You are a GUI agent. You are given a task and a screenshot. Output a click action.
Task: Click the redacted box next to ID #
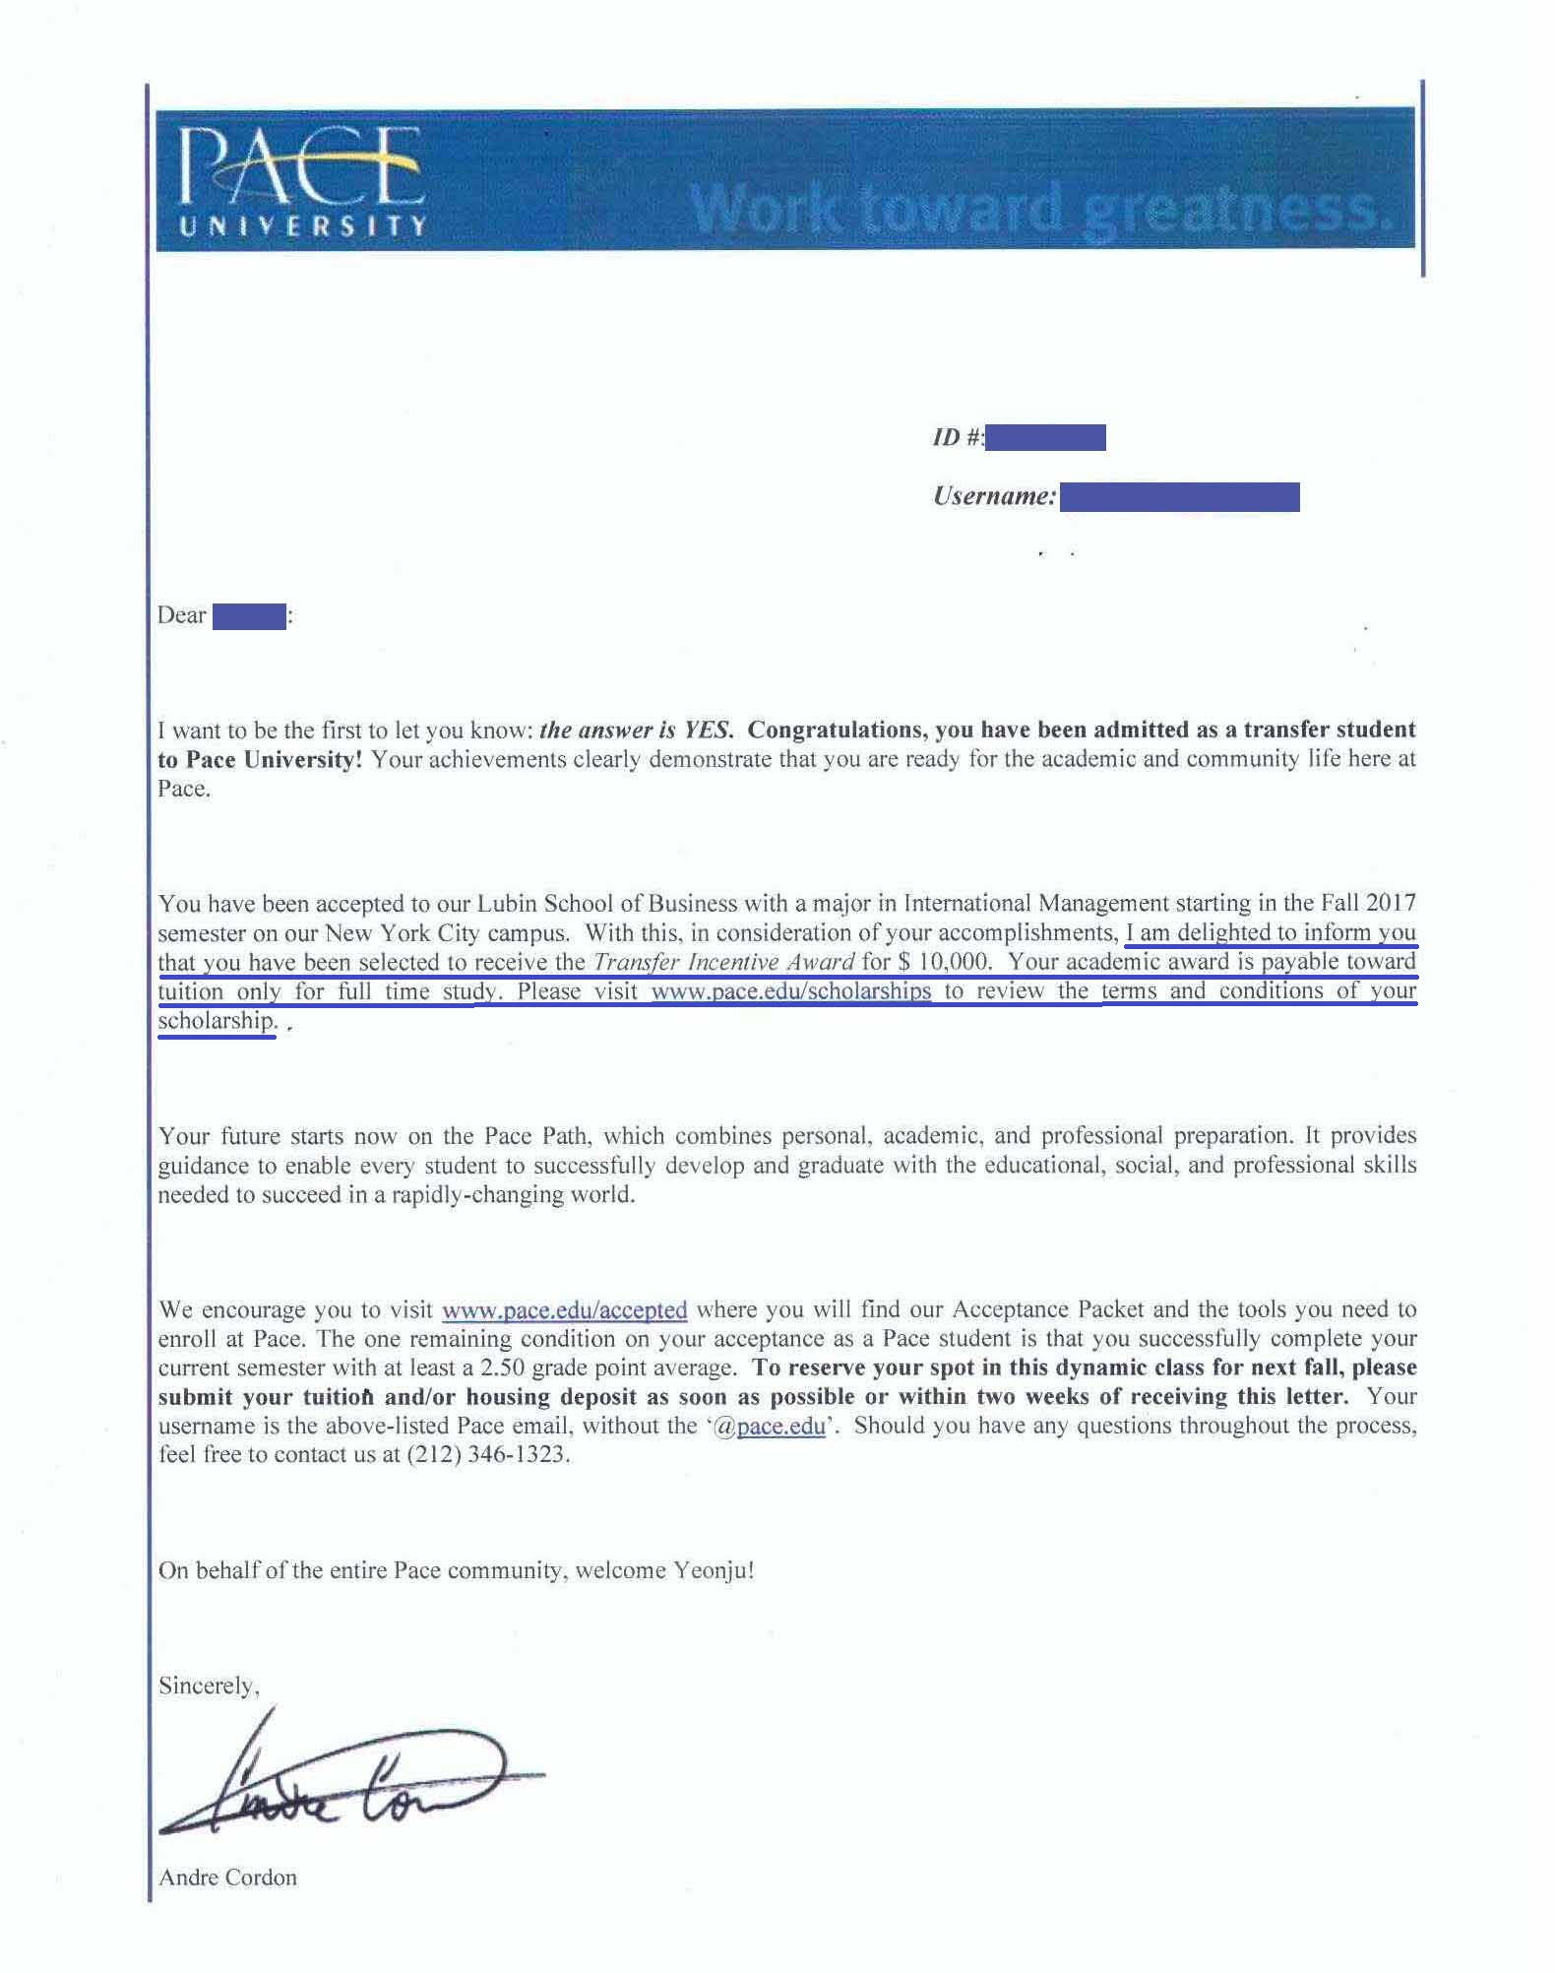pos(1044,437)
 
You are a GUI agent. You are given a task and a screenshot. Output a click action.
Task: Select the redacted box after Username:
pos(1179,497)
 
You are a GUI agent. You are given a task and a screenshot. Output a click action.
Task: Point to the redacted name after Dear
pos(249,617)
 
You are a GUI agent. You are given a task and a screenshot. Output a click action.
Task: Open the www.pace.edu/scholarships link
pos(791,991)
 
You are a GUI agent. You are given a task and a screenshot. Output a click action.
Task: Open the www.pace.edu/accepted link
pos(565,1310)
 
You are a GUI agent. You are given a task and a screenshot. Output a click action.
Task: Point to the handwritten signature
pos(354,1783)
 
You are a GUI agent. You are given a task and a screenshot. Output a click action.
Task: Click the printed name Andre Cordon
pos(227,1878)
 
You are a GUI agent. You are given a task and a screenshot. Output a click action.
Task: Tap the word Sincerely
pos(209,1687)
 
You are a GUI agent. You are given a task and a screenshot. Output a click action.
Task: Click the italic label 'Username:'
pos(994,496)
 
